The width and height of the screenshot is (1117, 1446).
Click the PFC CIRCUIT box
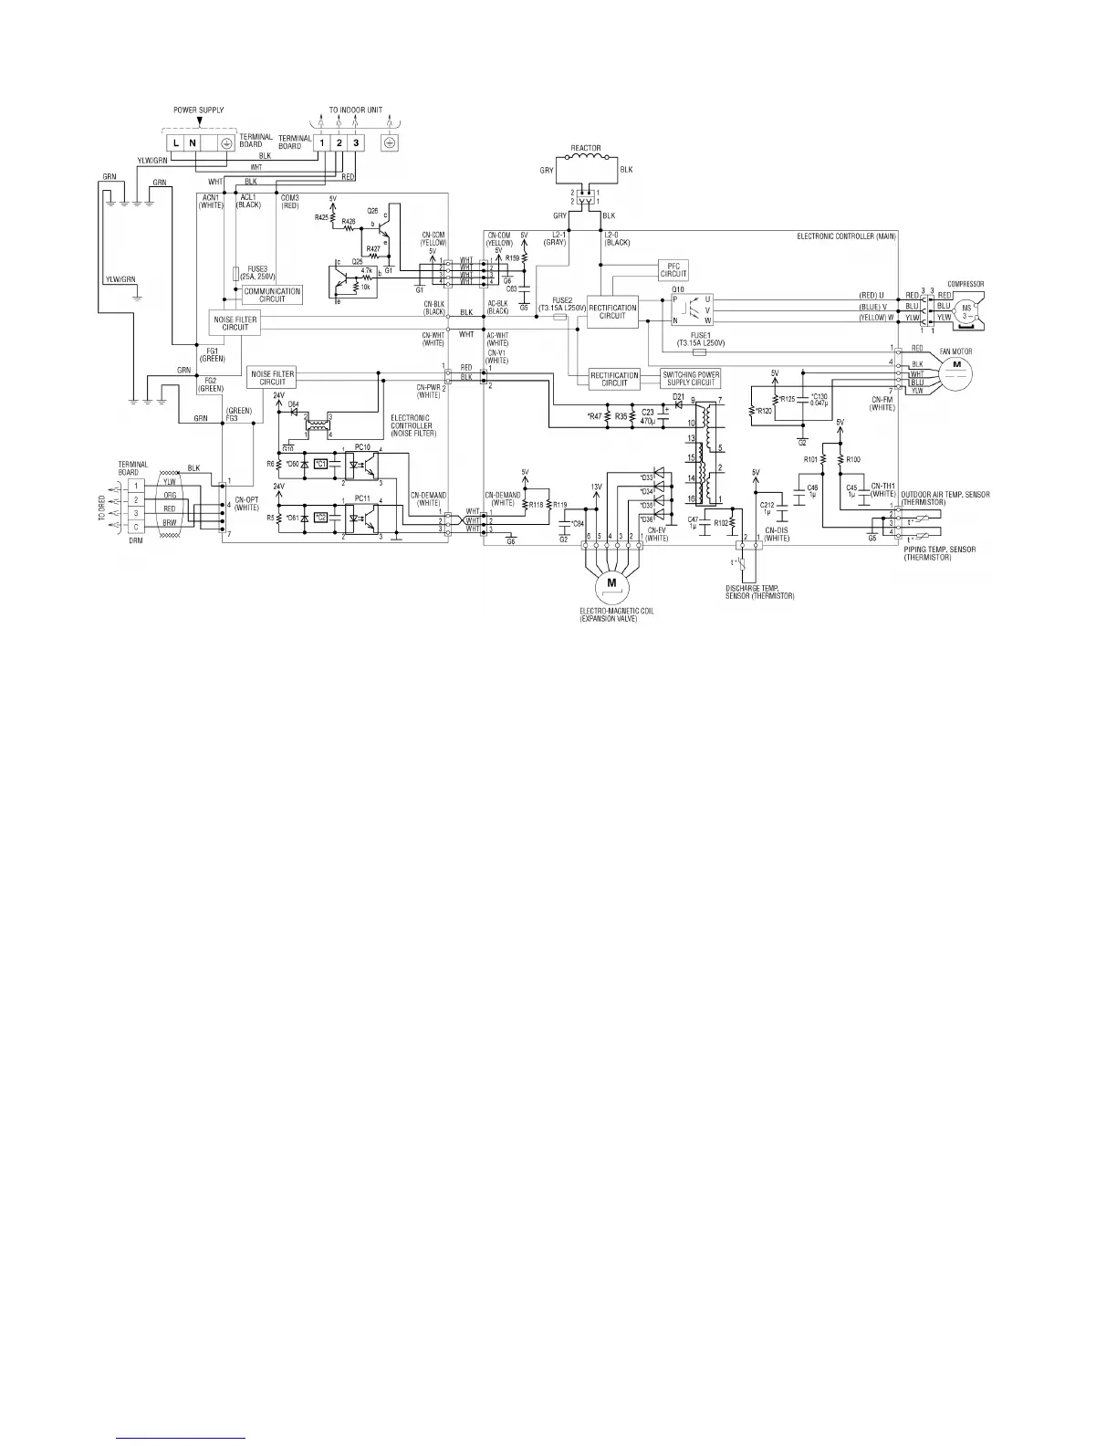[673, 270]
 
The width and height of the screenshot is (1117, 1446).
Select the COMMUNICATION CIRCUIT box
[272, 295]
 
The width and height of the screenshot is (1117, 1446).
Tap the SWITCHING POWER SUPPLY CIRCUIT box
[692, 378]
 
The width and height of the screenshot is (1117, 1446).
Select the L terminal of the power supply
[175, 143]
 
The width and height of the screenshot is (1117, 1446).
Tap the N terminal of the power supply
[193, 143]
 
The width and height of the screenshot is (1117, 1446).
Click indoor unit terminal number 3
[356, 142]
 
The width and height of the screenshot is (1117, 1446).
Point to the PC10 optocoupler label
[363, 447]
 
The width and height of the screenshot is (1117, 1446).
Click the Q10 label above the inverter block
[678, 288]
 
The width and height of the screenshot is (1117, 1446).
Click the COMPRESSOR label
[966, 284]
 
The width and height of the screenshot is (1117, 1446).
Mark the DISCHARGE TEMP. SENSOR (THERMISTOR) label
[754, 592]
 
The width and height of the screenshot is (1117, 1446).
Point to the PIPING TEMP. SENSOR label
[940, 550]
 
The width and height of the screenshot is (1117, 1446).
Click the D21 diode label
[678, 395]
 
